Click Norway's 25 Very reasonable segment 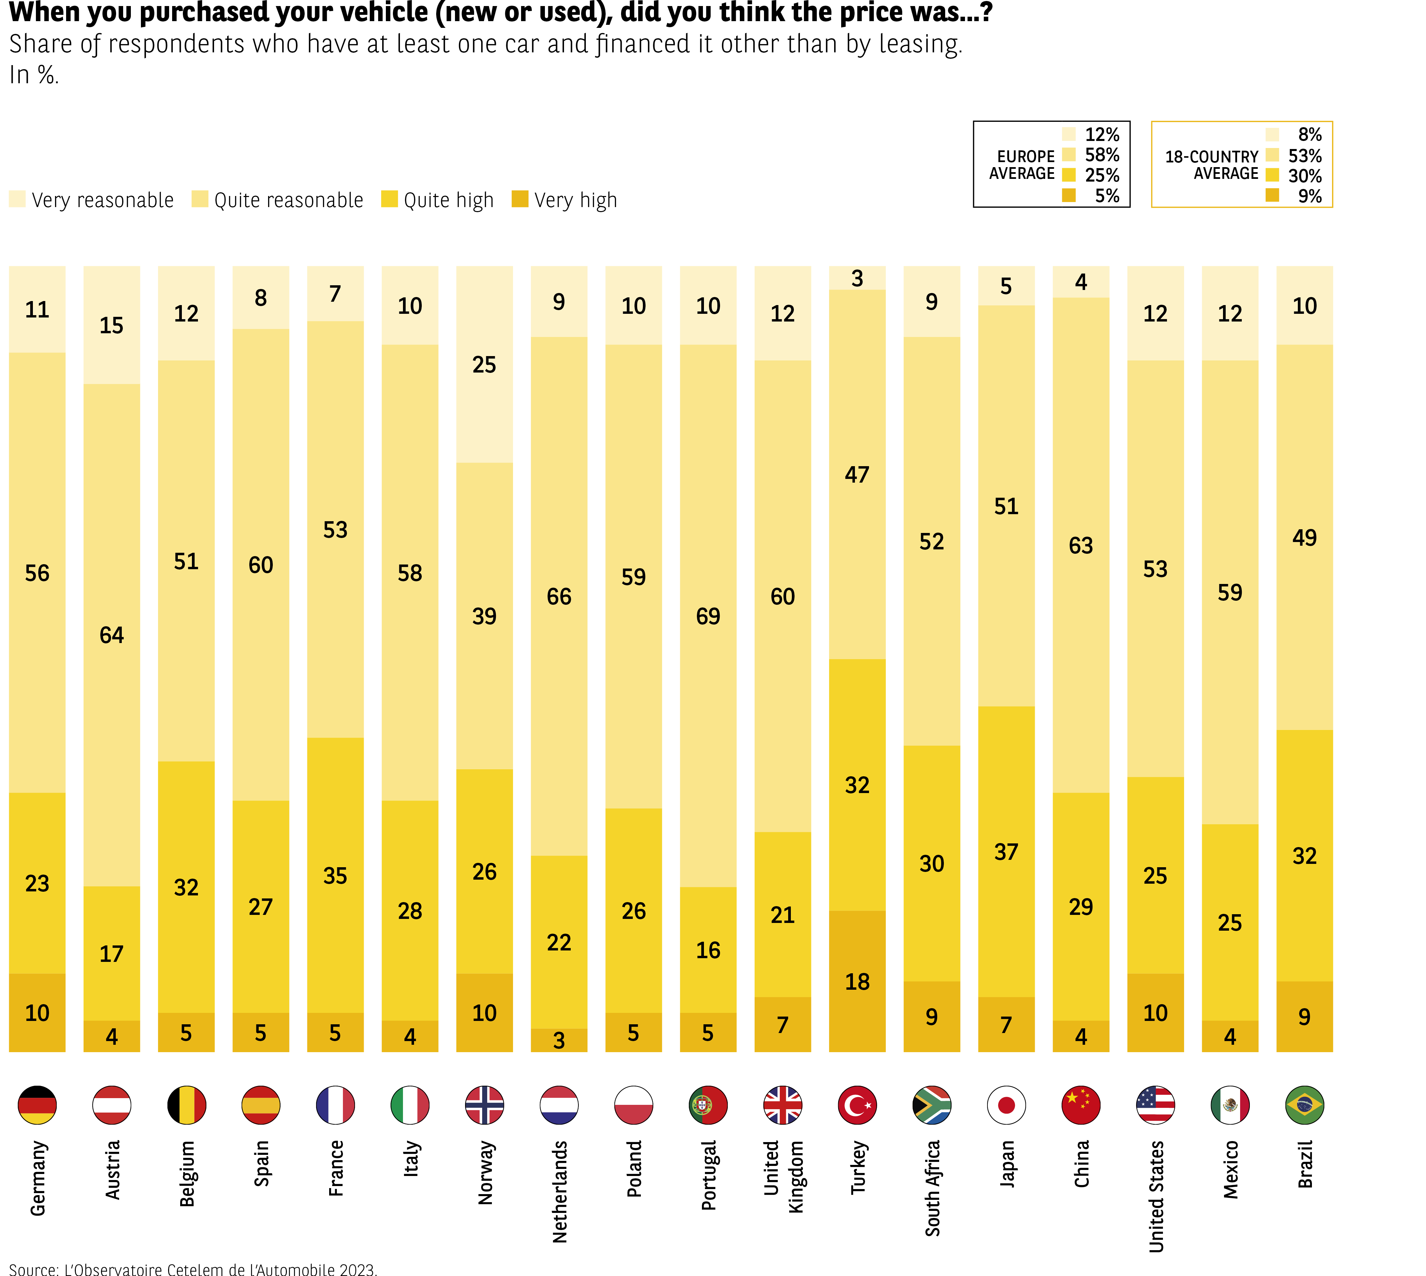[x=484, y=364]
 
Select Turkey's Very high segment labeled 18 [x=857, y=982]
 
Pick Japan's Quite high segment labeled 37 [x=1006, y=852]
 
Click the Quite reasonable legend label [x=289, y=200]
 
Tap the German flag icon [x=37, y=1105]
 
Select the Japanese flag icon [x=1006, y=1105]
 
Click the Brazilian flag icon [x=1305, y=1105]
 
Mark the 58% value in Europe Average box [x=1102, y=155]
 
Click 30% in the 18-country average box [x=1305, y=176]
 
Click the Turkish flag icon [x=857, y=1105]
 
